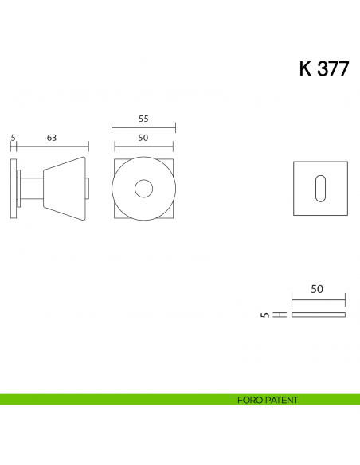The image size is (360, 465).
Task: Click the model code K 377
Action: pos(323,69)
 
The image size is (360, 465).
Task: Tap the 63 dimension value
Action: pos(52,138)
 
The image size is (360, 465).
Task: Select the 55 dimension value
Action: pos(143,119)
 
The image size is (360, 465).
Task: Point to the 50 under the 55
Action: pos(143,138)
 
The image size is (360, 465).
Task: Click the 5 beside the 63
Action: pos(14,138)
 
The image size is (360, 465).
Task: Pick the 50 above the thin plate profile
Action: pos(317,290)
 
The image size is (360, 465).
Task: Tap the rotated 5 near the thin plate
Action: pos(264,315)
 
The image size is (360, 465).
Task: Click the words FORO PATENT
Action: pos(268,400)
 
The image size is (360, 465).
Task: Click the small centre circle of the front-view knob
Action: pos(143,189)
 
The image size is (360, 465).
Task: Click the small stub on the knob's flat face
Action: pos(88,189)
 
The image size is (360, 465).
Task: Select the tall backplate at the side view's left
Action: pos(14,189)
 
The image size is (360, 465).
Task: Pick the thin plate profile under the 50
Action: pos(319,315)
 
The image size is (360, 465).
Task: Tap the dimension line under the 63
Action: pos(53,147)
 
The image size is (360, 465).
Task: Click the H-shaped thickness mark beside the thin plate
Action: pos(280,315)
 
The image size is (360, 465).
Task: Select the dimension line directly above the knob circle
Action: pos(143,147)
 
